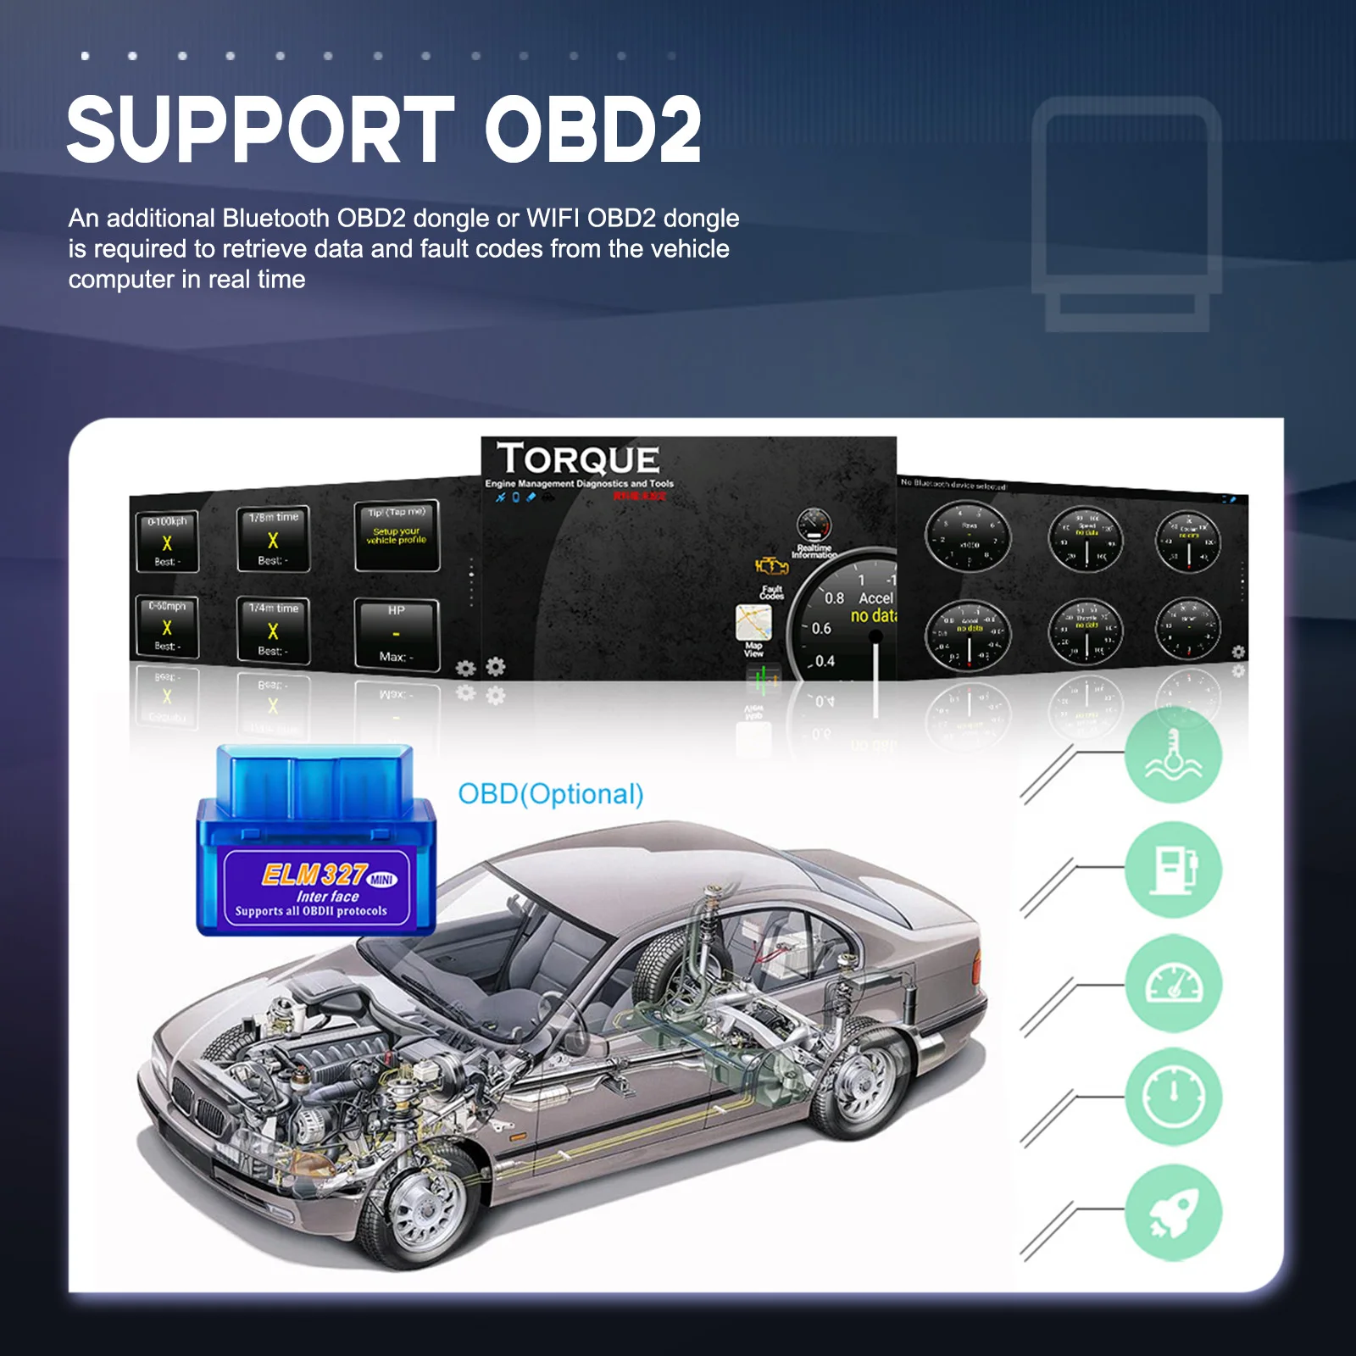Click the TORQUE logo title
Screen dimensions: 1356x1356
click(x=578, y=459)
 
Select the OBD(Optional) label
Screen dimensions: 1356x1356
click(x=551, y=794)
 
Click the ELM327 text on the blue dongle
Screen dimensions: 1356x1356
click(x=314, y=874)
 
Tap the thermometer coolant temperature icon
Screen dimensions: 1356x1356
click(x=1173, y=754)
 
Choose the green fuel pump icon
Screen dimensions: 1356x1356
click(x=1173, y=869)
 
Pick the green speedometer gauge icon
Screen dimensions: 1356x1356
click(x=1173, y=983)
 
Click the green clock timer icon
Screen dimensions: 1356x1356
click(x=1173, y=1098)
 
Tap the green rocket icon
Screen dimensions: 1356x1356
click(x=1173, y=1212)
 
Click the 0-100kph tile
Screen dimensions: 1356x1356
click(x=167, y=541)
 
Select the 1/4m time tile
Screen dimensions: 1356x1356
click(x=273, y=630)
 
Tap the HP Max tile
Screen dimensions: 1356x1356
click(x=396, y=634)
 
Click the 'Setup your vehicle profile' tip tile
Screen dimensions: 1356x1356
click(x=397, y=535)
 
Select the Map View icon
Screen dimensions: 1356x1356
click(x=753, y=623)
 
